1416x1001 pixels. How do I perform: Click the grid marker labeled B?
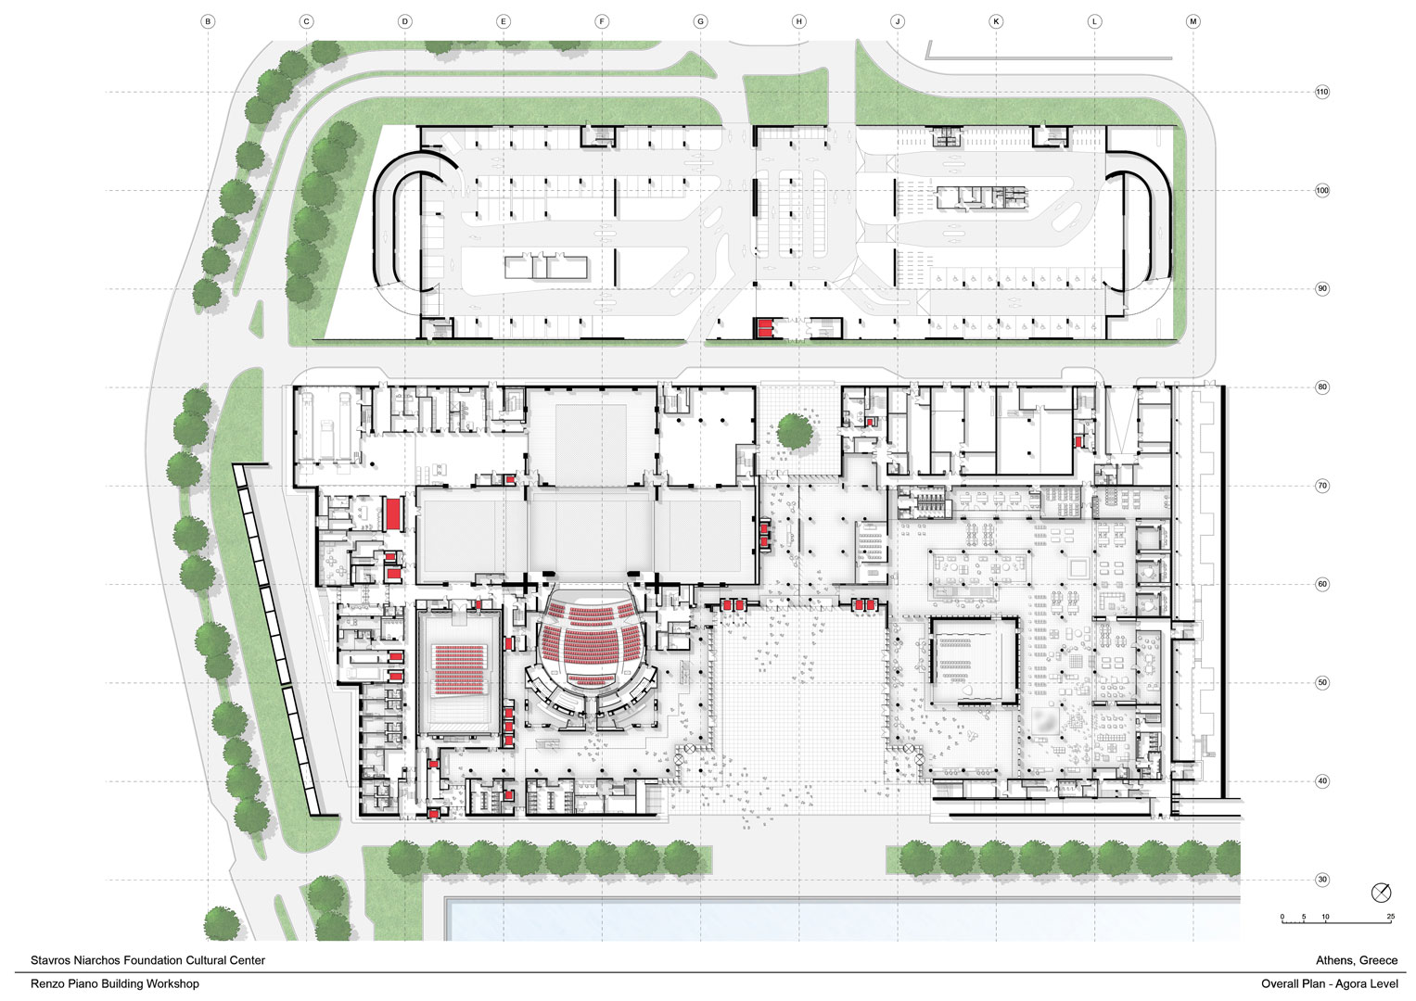click(208, 21)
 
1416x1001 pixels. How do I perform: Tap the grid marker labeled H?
click(799, 21)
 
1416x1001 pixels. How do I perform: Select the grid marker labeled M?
click(1193, 21)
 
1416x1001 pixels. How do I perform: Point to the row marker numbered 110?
click(1321, 92)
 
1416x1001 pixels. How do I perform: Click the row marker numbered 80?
click(1321, 387)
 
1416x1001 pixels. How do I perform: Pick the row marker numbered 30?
click(1321, 880)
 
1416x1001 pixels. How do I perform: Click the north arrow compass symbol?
click(1382, 893)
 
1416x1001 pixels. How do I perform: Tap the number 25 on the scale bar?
click(1390, 917)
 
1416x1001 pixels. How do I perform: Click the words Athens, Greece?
click(1357, 960)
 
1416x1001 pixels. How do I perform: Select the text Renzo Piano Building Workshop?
click(114, 984)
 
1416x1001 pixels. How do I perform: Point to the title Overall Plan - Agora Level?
click(1330, 984)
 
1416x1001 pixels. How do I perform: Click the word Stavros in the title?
click(50, 960)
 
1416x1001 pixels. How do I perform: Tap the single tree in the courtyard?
click(795, 432)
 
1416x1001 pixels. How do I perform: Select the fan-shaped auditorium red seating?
click(592, 644)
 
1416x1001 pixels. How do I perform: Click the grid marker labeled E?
click(504, 21)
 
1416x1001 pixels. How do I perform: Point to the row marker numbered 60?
click(1321, 585)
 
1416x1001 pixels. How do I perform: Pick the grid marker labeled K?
click(996, 21)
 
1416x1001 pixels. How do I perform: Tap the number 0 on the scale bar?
click(1282, 917)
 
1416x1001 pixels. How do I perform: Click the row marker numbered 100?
click(1321, 190)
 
